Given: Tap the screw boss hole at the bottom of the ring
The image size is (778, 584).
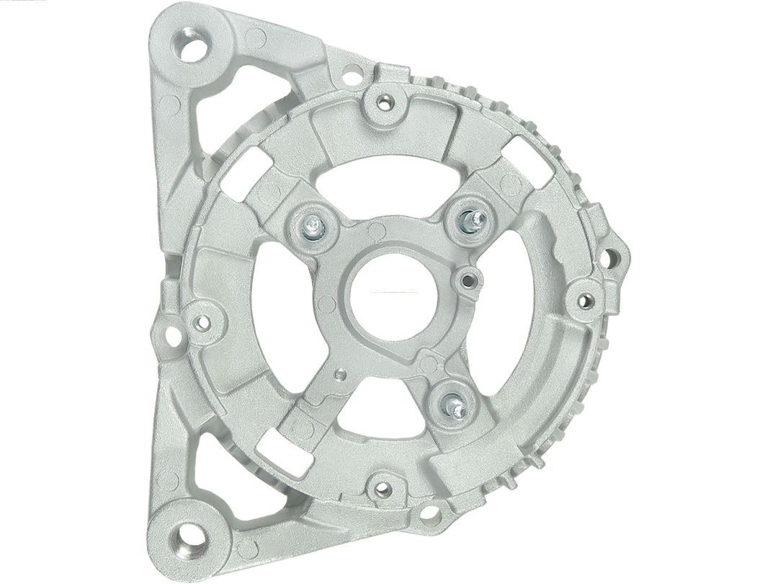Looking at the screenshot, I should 383,490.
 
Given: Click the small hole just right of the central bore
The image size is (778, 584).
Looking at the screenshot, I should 469,278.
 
